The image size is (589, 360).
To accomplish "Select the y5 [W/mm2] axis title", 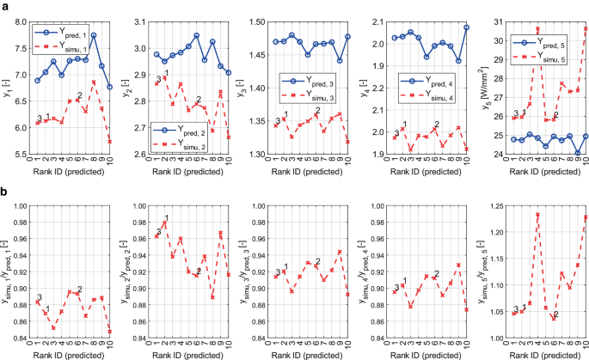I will (x=486, y=86).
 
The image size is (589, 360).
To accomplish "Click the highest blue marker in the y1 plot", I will (x=94, y=35).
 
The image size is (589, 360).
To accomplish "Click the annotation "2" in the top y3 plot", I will (x=317, y=110).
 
